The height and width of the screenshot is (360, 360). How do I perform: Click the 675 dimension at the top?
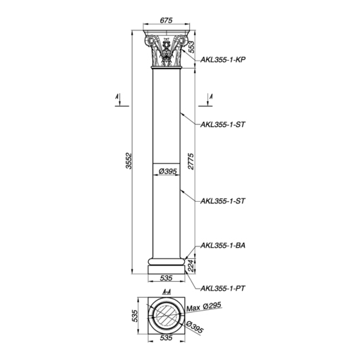pos(166,20)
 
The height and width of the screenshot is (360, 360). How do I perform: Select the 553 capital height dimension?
pos(191,47)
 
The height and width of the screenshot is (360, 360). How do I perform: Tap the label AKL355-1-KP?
pos(222,59)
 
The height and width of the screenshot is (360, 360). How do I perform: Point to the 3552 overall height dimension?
pos(129,161)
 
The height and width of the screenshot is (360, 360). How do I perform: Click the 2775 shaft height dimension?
pos(191,161)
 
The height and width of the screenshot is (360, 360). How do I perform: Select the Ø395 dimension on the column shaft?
pos(167,172)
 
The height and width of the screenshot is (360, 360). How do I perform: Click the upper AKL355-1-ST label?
pos(222,124)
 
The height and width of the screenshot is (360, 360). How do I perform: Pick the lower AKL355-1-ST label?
pos(222,201)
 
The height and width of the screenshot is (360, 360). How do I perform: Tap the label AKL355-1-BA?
pos(222,246)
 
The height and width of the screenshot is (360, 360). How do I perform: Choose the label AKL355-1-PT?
pos(222,288)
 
